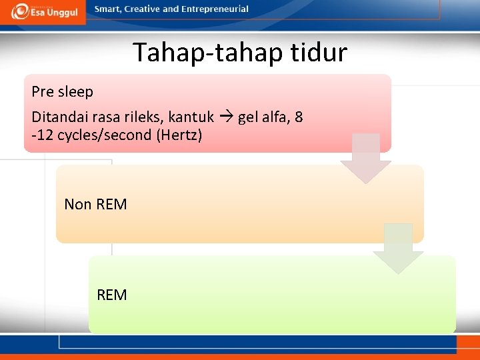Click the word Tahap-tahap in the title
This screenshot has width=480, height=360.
pos(199,52)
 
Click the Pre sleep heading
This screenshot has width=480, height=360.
pos(62,92)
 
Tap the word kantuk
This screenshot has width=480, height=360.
pos(191,117)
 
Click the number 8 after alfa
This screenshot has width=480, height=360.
pos(299,117)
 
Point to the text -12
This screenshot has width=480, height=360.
pos(41,135)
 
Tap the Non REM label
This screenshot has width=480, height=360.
pos(95,204)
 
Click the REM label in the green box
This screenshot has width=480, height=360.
pos(111,295)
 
